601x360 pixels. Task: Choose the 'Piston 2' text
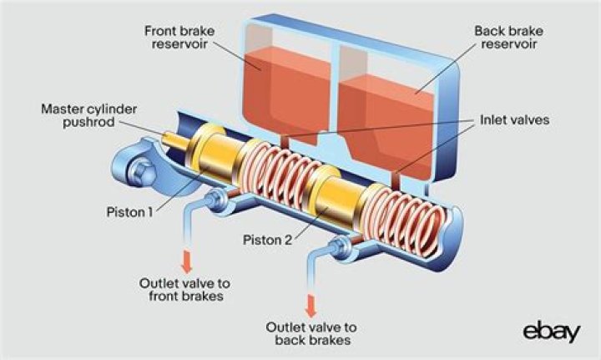pyautogui.click(x=269, y=241)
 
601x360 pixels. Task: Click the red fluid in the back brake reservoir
pyautogui.click(x=392, y=117)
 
